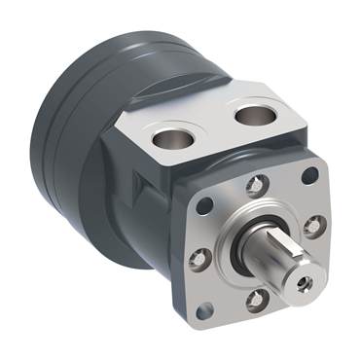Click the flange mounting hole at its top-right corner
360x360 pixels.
click(310, 176)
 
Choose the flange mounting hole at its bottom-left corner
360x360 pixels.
click(203, 311)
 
